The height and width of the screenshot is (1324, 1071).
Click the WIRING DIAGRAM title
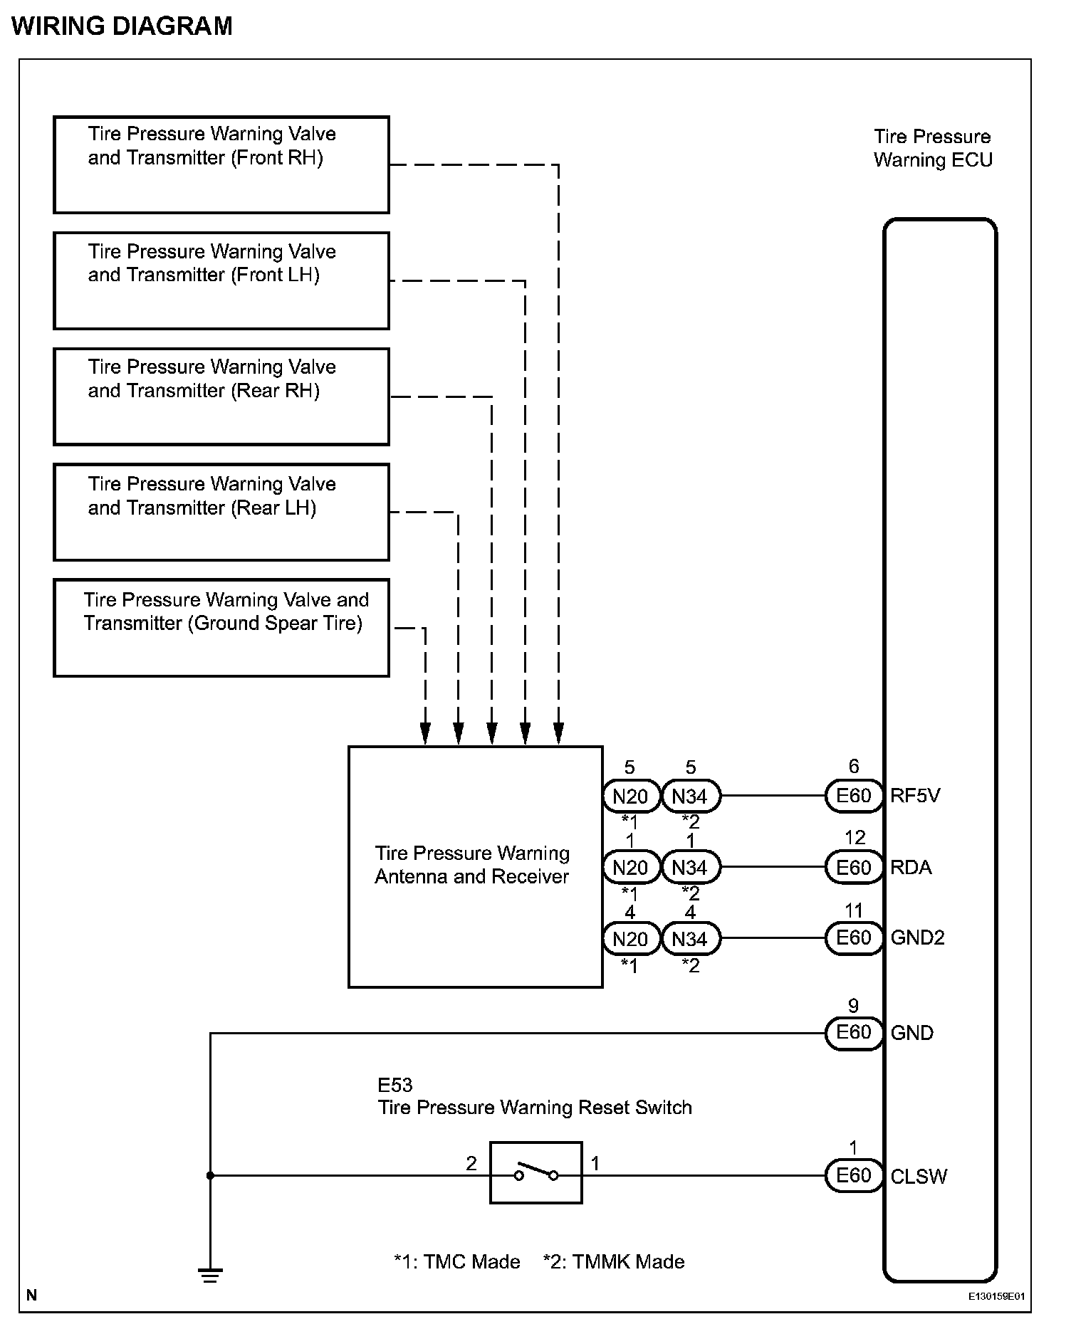click(x=122, y=26)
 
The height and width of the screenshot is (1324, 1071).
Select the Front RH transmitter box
click(x=221, y=164)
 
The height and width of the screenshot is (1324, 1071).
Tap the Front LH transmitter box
click(x=221, y=280)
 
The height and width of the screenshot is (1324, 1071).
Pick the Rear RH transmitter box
click(x=221, y=396)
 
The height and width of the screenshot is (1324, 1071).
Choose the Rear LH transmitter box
click(x=221, y=512)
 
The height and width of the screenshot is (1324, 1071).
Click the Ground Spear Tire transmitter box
click(x=221, y=628)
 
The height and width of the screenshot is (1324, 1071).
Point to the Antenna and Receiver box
click(x=476, y=866)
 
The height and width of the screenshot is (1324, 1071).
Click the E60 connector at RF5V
click(x=854, y=796)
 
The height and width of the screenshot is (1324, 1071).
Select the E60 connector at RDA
click(x=854, y=868)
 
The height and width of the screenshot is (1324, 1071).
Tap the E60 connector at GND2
click(x=854, y=938)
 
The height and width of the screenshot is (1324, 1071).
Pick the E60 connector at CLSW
click(x=854, y=1175)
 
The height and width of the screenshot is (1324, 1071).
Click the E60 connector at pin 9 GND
click(x=854, y=1033)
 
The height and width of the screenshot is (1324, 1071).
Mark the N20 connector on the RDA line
click(x=630, y=868)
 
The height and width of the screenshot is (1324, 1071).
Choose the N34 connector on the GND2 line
click(x=690, y=939)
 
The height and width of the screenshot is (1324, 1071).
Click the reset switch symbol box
click(x=536, y=1173)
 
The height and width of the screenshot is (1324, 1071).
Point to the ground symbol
click(x=210, y=1275)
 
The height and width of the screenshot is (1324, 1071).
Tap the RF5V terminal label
click(x=915, y=796)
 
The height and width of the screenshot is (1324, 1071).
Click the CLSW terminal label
click(x=919, y=1176)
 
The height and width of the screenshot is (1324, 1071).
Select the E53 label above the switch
click(x=395, y=1085)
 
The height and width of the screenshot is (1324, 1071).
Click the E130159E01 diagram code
click(x=996, y=1296)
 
